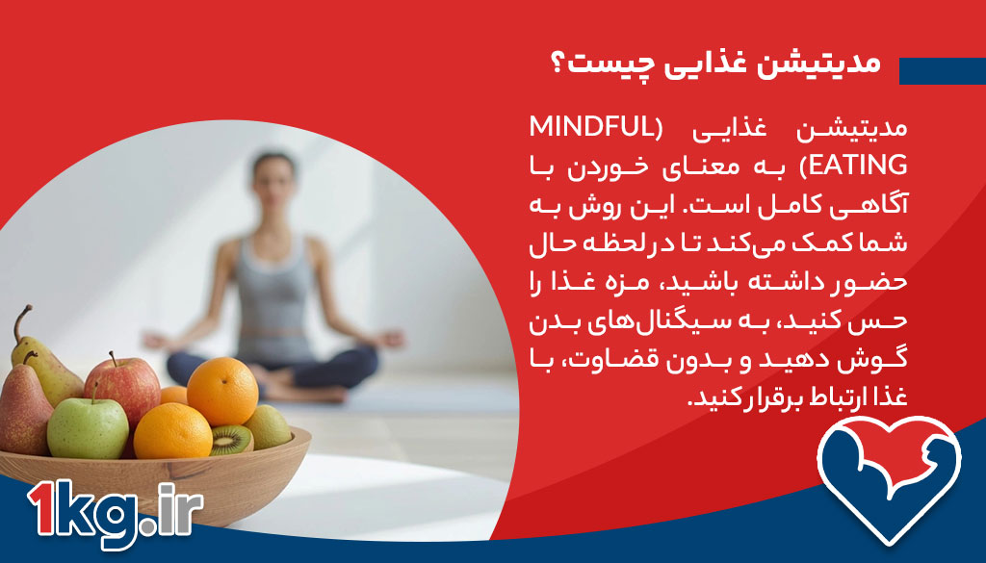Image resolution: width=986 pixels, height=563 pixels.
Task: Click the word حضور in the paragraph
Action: (873, 282)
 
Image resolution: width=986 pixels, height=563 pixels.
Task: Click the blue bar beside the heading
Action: (942, 70)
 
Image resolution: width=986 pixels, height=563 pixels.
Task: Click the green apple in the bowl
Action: (87, 426)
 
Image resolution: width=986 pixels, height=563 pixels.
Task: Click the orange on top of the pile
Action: (222, 390)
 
